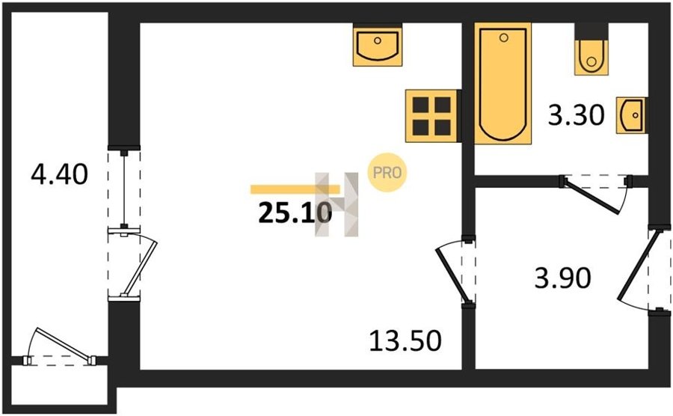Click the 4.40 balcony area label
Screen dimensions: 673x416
tap(60, 174)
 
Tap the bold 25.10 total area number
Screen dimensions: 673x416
tap(295, 213)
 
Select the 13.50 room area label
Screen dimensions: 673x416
tap(405, 341)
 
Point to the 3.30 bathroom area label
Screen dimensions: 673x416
tap(577, 115)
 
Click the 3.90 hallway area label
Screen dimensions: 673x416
tap(562, 278)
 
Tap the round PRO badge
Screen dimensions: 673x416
tap(387, 173)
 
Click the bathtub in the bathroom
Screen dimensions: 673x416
tap(503, 83)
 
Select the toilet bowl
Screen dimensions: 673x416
tap(591, 58)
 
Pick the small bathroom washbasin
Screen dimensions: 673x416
tap(631, 115)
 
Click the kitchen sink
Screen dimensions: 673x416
tap(378, 45)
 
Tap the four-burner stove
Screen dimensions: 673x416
tap(431, 115)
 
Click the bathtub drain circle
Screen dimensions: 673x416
tap(504, 37)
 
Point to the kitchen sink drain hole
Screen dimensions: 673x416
tap(378, 41)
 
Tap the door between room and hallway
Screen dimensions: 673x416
tap(453, 275)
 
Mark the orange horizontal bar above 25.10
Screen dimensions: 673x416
tap(295, 189)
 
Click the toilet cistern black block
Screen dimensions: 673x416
tap(591, 31)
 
